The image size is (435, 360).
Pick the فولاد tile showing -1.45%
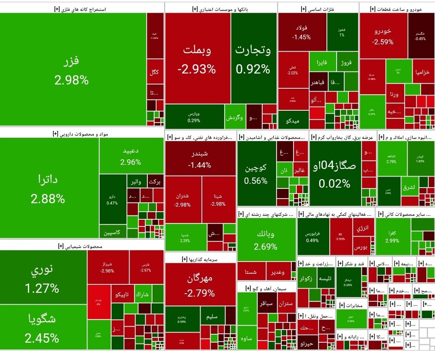tap(302, 32)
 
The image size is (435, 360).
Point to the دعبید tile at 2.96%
tap(131, 156)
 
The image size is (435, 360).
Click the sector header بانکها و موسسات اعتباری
tap(220, 8)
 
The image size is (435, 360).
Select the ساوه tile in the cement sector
tap(244, 338)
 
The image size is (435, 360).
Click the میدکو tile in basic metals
tap(293, 121)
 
